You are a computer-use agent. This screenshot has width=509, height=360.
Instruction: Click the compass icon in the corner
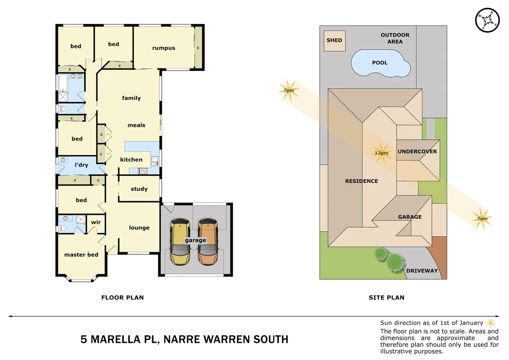(487, 20)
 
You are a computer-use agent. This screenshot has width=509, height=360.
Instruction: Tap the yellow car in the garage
(180, 242)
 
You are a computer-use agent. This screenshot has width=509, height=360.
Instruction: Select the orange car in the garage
(208, 242)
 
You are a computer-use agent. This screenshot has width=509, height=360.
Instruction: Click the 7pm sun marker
(288, 90)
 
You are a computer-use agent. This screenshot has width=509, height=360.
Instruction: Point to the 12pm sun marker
(381, 153)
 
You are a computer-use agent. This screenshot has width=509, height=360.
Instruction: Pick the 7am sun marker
(482, 219)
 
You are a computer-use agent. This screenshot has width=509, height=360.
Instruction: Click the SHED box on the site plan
(334, 41)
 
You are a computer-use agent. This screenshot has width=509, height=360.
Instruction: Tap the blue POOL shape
(380, 63)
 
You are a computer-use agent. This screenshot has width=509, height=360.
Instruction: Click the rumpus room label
(164, 48)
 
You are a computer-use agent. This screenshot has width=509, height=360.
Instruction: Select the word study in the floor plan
(139, 189)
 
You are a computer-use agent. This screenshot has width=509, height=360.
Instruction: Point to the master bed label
(81, 255)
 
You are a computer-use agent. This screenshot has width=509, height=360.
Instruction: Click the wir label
(96, 222)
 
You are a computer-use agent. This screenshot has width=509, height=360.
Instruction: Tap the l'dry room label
(81, 165)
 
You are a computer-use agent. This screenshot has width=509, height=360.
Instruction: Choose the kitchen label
(131, 160)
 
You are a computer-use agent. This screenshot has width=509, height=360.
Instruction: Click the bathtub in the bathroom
(63, 83)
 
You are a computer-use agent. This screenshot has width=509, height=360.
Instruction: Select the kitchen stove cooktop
(143, 171)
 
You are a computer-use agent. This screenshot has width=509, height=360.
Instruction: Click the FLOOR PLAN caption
(123, 298)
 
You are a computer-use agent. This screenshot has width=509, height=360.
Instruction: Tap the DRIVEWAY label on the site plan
(422, 271)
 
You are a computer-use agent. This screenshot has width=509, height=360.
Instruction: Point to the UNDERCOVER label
(417, 151)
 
